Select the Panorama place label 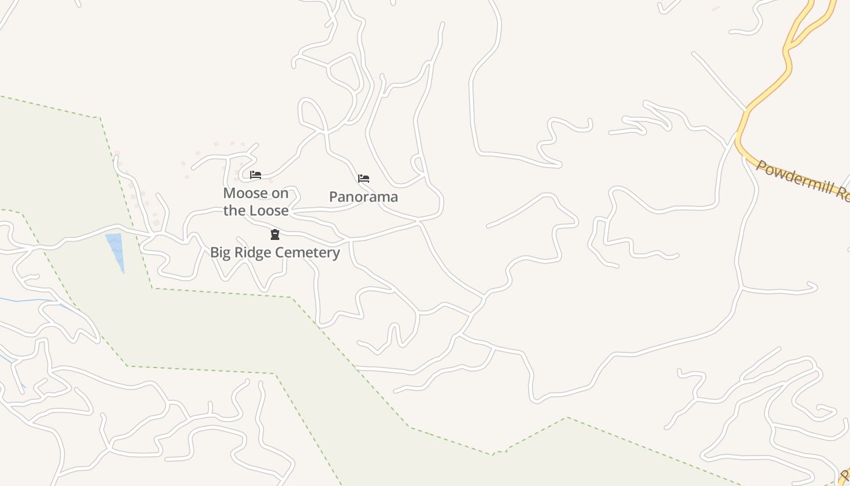[x=363, y=197]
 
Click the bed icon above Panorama [x=364, y=179]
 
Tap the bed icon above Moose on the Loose [x=256, y=175]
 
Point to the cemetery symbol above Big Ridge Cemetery [x=275, y=234]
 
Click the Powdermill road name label [x=801, y=180]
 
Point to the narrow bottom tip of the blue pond [x=123, y=271]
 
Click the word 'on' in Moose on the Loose [x=280, y=193]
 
